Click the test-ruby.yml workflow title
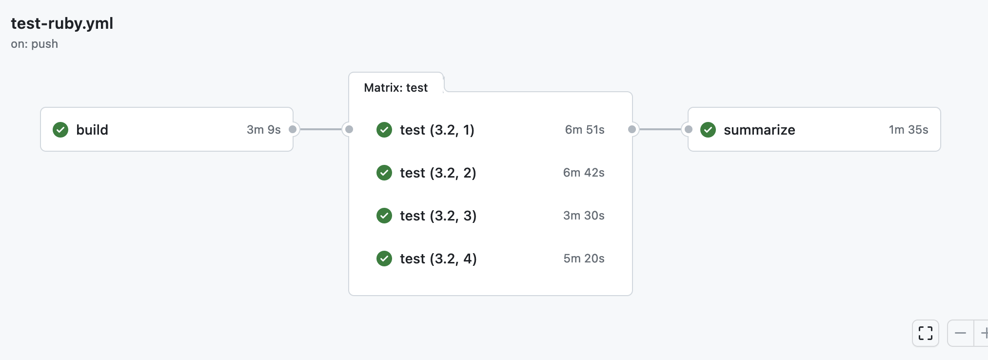62,23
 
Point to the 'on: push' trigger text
34,44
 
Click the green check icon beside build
60,130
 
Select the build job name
92,130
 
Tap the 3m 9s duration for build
263,130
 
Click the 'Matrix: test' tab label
395,88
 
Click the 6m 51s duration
584,130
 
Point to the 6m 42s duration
583,173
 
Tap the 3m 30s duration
583,216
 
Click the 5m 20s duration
583,259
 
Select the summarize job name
759,130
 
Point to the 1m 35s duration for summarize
908,130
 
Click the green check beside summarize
708,130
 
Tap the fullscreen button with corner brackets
925,333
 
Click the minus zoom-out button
960,333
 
